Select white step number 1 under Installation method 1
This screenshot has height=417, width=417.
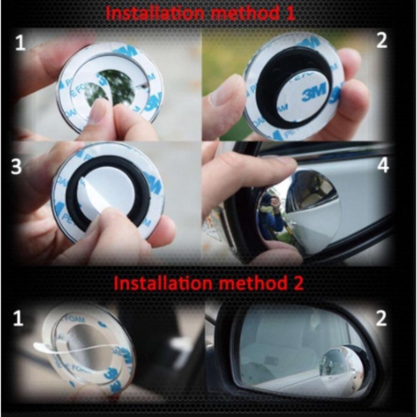click(x=20, y=43)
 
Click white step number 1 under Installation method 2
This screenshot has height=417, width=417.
click(x=18, y=319)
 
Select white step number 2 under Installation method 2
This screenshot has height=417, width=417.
click(x=381, y=319)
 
